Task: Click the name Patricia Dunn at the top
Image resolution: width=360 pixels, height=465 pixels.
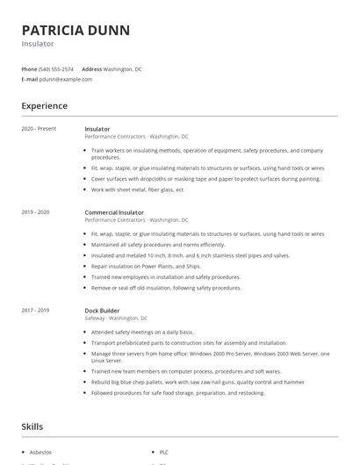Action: coord(76,30)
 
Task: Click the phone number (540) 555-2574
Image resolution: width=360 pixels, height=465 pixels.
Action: coord(55,68)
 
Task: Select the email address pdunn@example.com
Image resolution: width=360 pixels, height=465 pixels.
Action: coord(65,79)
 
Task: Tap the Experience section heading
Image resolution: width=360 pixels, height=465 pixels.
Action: coord(44,106)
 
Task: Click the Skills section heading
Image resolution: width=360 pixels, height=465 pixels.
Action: coord(32,426)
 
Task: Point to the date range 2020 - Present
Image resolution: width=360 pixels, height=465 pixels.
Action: coord(39,129)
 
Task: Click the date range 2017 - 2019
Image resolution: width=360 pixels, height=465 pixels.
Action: coord(35,310)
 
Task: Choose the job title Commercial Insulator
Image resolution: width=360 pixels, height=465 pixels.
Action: coord(114,212)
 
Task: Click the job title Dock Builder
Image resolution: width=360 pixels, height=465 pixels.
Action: coord(103,310)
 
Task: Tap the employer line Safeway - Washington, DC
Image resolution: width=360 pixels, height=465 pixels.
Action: coord(116,318)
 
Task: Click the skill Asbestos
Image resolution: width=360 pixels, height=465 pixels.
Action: coord(40,452)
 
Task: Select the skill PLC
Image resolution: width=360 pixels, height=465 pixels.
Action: coord(164,452)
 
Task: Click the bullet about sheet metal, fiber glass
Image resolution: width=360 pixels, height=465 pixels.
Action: coord(138,190)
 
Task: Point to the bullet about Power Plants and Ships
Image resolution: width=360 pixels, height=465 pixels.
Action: coord(146,266)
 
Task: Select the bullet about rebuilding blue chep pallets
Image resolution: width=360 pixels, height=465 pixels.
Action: coord(197,383)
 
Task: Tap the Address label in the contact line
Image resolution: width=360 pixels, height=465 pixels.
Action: coord(91,68)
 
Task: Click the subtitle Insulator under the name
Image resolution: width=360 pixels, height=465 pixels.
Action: coord(38,44)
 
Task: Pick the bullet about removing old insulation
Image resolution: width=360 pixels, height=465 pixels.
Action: coord(166,287)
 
